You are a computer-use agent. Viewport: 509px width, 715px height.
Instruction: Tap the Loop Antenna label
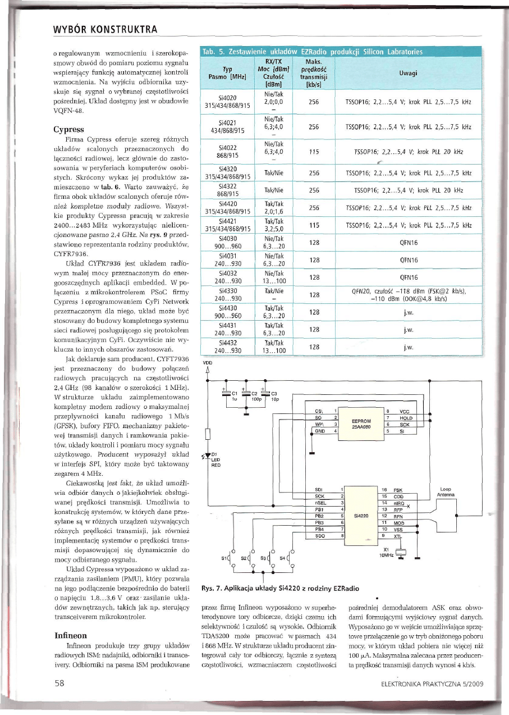(446, 491)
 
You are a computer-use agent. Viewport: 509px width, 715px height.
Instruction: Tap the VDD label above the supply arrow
(207, 363)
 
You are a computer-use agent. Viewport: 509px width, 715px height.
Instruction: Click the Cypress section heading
(68, 129)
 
